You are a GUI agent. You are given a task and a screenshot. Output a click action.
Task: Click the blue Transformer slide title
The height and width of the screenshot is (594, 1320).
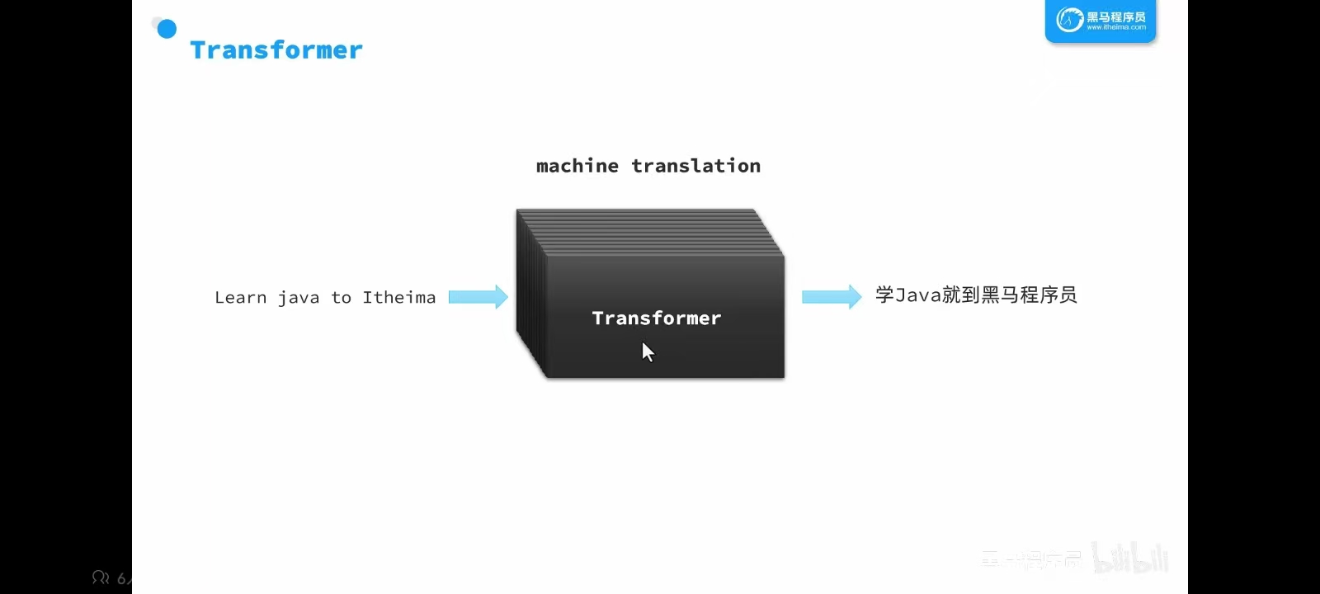click(x=276, y=50)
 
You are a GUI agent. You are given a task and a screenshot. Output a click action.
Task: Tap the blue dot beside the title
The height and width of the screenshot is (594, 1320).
click(x=167, y=30)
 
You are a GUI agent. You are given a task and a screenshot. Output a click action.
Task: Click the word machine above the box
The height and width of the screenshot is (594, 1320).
click(x=577, y=166)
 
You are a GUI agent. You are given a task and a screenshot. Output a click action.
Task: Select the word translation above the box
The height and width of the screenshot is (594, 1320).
click(x=696, y=166)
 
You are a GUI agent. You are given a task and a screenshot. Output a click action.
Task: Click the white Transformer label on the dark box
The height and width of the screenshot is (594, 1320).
click(x=657, y=318)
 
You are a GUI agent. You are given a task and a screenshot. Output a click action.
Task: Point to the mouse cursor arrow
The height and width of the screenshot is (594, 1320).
click(x=648, y=352)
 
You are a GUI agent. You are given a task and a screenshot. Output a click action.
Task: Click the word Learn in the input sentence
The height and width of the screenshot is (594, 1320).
click(x=240, y=298)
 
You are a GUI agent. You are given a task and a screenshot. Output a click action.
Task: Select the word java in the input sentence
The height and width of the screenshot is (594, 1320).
click(x=299, y=298)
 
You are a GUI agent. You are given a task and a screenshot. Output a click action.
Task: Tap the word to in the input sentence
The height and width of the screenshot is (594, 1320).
click(x=342, y=298)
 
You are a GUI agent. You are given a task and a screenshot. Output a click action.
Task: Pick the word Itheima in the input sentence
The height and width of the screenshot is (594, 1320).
click(x=399, y=298)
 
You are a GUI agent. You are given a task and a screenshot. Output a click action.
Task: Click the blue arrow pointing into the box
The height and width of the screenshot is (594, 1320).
click(x=478, y=297)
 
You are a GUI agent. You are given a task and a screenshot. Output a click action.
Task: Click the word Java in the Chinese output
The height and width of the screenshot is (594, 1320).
click(x=918, y=295)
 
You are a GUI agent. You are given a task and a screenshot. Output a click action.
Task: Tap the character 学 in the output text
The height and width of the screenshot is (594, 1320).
click(x=884, y=295)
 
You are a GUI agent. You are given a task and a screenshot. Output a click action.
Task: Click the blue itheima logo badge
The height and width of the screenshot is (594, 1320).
click(x=1101, y=21)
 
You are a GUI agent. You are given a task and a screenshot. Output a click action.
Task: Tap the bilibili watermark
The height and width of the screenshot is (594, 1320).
click(x=1131, y=559)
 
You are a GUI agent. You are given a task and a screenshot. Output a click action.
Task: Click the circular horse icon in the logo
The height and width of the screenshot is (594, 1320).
click(x=1070, y=19)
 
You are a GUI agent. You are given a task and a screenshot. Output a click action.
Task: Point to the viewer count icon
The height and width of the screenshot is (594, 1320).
click(x=101, y=577)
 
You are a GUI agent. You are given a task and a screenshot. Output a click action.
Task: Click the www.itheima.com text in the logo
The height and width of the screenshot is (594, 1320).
click(x=1116, y=27)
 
